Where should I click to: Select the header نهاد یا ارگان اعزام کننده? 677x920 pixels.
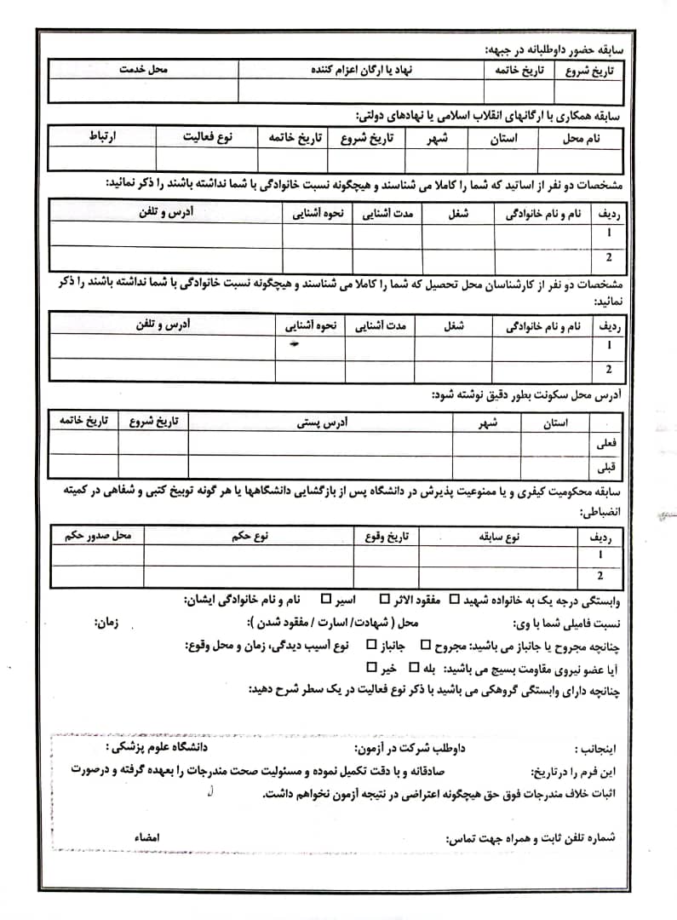(x=361, y=70)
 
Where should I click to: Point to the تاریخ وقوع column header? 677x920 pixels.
(x=387, y=535)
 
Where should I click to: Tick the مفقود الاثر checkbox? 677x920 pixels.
(x=385, y=598)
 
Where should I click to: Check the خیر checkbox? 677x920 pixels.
(x=370, y=667)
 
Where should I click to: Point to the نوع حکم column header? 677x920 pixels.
(x=250, y=535)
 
